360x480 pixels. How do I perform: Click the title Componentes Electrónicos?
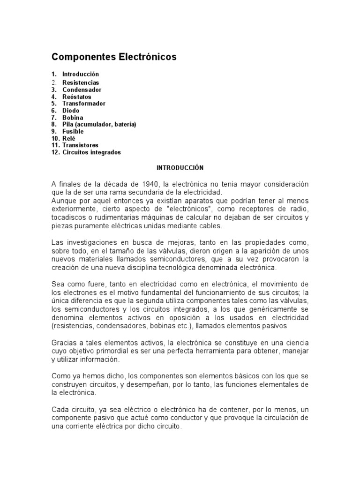click(114, 57)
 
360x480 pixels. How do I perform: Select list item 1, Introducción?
click(81, 74)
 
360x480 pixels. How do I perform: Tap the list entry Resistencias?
click(81, 82)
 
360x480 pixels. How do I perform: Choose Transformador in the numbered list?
click(84, 104)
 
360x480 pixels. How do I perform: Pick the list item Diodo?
click(71, 111)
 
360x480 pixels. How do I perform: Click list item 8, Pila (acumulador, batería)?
click(99, 125)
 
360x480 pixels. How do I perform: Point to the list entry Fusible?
click(73, 132)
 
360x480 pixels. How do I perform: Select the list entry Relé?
click(69, 139)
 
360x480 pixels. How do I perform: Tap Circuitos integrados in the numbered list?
click(91, 152)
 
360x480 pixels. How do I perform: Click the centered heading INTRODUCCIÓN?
click(180, 167)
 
